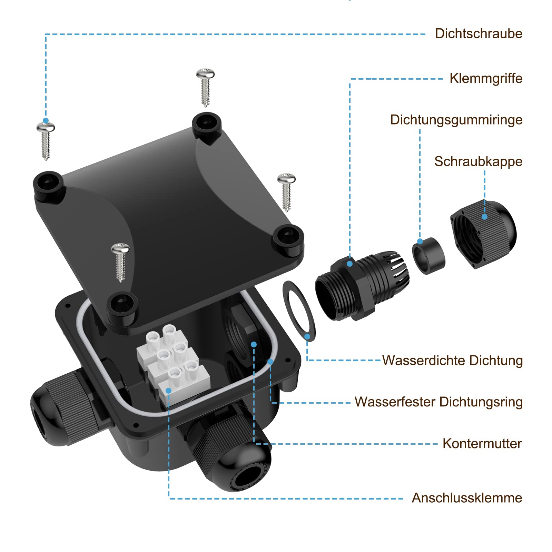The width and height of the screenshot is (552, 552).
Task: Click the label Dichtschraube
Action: pos(479,34)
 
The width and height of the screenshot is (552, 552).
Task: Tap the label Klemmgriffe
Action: pos(486,79)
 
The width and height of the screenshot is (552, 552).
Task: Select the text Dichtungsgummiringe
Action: pos(456,120)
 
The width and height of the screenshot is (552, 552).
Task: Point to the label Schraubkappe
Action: pos(478,161)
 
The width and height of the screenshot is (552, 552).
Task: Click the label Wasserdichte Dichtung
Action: pos(452,361)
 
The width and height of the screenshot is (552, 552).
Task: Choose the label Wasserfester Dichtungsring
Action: pos(438,402)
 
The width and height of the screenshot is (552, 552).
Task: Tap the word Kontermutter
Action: pos(482,444)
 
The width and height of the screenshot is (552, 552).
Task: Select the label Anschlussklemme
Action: pos(467,498)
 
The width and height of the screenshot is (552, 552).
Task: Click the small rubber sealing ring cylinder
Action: pos(428,256)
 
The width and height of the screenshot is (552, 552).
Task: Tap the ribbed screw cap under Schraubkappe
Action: pos(484,235)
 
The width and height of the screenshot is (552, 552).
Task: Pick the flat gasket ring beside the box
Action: pos(299,311)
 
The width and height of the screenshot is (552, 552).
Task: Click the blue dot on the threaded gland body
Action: pos(349,264)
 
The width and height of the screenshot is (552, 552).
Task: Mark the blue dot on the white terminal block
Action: pos(168,391)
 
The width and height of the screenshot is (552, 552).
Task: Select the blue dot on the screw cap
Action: pos(484,217)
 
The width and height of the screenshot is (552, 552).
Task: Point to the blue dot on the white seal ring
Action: pos(270,362)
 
